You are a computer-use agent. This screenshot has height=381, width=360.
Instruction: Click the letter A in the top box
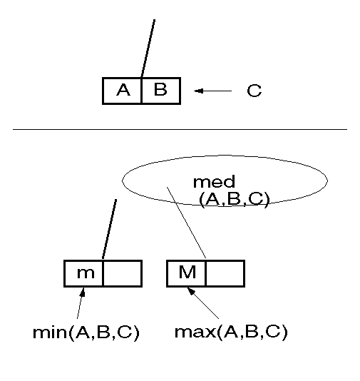tap(123, 90)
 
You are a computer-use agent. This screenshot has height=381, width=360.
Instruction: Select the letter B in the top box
tap(160, 89)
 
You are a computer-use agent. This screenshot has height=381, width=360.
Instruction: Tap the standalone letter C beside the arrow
tap(254, 91)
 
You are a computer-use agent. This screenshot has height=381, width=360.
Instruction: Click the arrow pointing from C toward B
tap(212, 91)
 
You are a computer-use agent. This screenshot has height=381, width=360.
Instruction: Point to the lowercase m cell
tap(83, 273)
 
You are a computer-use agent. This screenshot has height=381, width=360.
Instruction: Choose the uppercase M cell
tap(186, 273)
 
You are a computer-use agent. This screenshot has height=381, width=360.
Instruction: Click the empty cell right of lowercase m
tap(123, 273)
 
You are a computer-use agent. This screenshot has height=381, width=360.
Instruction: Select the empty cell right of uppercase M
tap(225, 273)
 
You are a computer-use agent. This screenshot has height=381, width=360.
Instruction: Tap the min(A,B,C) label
tap(86, 332)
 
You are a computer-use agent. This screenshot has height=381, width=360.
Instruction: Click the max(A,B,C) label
tap(231, 332)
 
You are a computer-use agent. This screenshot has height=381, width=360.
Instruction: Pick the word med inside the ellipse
tap(214, 181)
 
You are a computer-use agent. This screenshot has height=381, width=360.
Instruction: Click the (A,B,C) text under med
tap(235, 199)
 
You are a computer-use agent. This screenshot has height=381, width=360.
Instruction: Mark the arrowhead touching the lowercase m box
tap(83, 292)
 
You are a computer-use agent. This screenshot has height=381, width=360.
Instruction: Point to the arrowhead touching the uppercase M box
tap(191, 291)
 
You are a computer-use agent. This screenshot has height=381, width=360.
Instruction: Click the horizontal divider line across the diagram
tap(180, 130)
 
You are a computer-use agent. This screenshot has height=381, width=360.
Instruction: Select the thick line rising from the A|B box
tap(148, 49)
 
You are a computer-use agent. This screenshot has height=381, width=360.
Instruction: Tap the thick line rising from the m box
tap(110, 229)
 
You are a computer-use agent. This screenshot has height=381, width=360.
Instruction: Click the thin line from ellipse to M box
tap(187, 223)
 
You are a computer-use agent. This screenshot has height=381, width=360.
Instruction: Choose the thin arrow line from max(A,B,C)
tap(203, 303)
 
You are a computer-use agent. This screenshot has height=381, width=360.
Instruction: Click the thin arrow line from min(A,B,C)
tap(81, 303)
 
